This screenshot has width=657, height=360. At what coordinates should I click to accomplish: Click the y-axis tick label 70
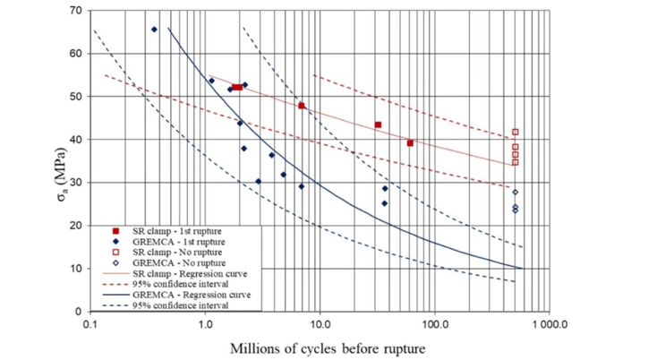click(x=76, y=11)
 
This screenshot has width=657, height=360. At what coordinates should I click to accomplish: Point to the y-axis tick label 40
click(x=76, y=139)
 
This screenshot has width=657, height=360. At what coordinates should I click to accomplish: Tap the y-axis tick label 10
click(x=76, y=268)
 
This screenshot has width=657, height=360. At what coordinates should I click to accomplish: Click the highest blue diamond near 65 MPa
click(x=154, y=30)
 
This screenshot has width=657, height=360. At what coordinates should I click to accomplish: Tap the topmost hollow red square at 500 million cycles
click(x=515, y=133)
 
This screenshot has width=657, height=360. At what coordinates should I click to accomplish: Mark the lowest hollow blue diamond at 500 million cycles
click(x=515, y=210)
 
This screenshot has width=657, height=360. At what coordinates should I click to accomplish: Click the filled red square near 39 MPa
click(x=410, y=143)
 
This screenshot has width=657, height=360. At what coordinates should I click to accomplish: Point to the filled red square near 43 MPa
click(x=378, y=124)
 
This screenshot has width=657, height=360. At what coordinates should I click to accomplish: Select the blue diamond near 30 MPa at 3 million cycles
click(x=258, y=181)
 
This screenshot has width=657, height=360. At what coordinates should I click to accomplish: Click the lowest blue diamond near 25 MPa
click(x=384, y=203)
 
